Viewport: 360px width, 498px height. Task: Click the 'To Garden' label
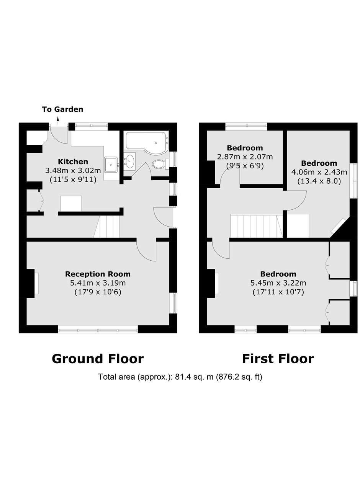click(62, 109)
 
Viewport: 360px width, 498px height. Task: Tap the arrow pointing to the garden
click(58, 121)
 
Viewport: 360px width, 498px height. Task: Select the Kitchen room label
click(73, 162)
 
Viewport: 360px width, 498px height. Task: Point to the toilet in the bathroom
click(159, 165)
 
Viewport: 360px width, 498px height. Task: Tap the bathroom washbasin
click(130, 161)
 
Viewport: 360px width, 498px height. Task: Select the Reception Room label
click(98, 274)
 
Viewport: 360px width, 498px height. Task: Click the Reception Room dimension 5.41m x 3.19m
click(98, 283)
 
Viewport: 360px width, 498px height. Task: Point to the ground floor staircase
click(108, 227)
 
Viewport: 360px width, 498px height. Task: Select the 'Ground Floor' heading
click(98, 359)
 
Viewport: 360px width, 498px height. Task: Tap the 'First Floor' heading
click(278, 359)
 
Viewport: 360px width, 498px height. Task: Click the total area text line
click(180, 377)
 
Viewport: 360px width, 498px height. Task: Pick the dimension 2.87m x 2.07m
click(245, 157)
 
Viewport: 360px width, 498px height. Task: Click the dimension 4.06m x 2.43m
click(319, 172)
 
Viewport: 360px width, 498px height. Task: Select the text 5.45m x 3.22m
click(278, 283)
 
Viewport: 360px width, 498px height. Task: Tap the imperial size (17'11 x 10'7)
click(278, 292)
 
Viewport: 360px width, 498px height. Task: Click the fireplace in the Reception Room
click(35, 283)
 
